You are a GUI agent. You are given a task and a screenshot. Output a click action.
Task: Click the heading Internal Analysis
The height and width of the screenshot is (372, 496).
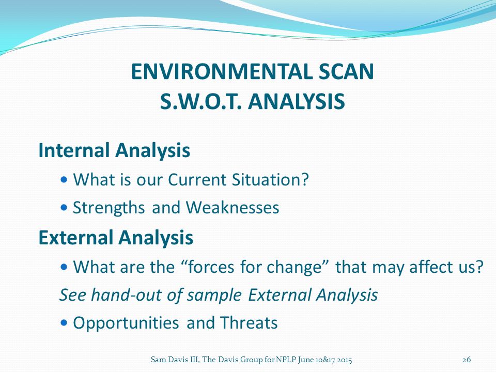[114, 150]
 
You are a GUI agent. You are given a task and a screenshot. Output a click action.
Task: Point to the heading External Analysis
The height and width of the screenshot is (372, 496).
[116, 238]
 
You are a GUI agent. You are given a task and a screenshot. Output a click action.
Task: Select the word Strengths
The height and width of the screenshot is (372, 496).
[109, 208]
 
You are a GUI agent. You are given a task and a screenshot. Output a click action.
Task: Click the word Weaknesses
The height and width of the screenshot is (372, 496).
[233, 208]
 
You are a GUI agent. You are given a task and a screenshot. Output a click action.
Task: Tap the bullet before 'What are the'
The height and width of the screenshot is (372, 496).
[64, 267]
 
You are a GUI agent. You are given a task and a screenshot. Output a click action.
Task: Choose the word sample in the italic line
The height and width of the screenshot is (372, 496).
[214, 296]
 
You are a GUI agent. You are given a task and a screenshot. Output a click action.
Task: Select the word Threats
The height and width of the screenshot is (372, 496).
[249, 322]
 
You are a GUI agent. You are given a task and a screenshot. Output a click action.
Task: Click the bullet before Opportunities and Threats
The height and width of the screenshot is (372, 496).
[64, 322]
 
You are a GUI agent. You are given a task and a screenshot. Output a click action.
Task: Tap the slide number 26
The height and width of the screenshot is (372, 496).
[467, 360]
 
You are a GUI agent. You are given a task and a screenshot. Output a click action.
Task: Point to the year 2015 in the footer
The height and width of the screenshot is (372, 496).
[344, 360]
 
